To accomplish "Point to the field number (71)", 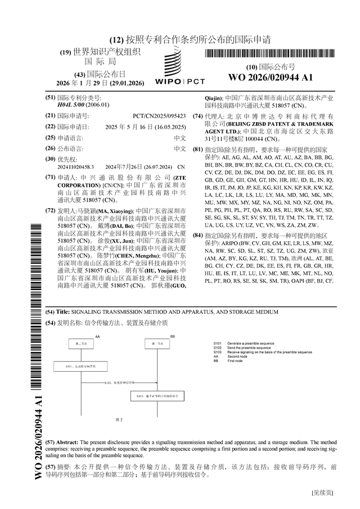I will [50, 177].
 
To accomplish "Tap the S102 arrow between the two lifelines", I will [121, 384].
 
